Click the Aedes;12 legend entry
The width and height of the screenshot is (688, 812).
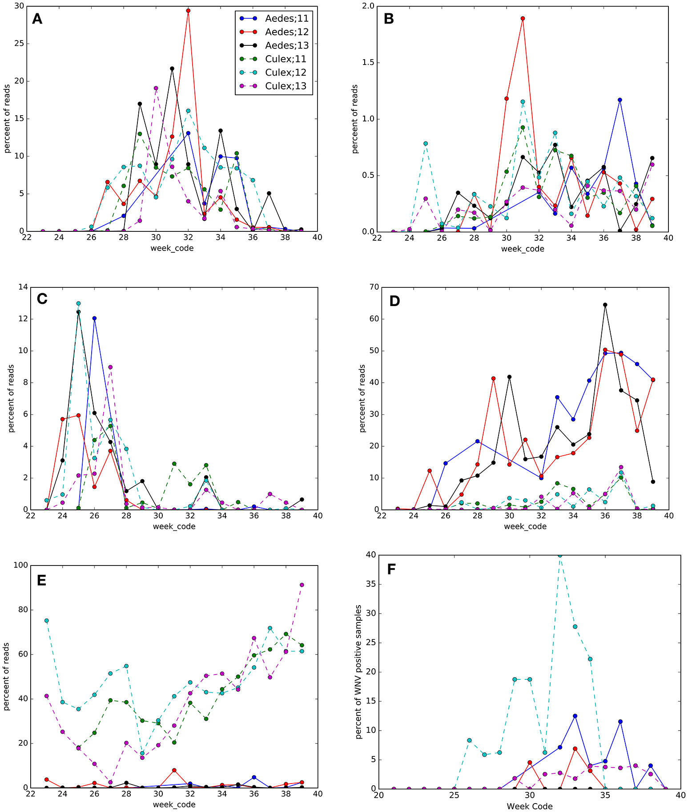coord(286,32)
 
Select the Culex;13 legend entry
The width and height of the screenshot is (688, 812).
coord(286,86)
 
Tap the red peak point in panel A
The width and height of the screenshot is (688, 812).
coord(188,11)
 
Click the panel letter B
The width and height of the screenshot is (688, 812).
coord(388,19)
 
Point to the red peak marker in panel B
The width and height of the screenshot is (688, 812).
coord(523,19)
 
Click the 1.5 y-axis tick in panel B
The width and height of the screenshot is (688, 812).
coord(369,63)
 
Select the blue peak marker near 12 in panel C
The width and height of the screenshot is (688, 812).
coord(94,319)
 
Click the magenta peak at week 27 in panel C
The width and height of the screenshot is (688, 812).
coord(110,367)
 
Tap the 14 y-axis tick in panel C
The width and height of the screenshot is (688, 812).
coord(21,287)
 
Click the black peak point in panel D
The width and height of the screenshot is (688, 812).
coord(605,305)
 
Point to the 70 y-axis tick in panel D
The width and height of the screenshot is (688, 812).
coord(372,287)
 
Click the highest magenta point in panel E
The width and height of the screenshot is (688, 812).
coord(302,585)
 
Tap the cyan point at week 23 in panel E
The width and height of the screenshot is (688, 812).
coord(47,621)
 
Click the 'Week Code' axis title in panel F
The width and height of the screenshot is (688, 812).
coord(529,806)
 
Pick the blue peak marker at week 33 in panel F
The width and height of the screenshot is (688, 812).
coord(575,716)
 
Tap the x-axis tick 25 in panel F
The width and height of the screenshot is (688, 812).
coord(454,795)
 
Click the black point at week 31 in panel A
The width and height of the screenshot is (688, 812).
coord(172,69)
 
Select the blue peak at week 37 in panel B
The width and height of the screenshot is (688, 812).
coord(620,100)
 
